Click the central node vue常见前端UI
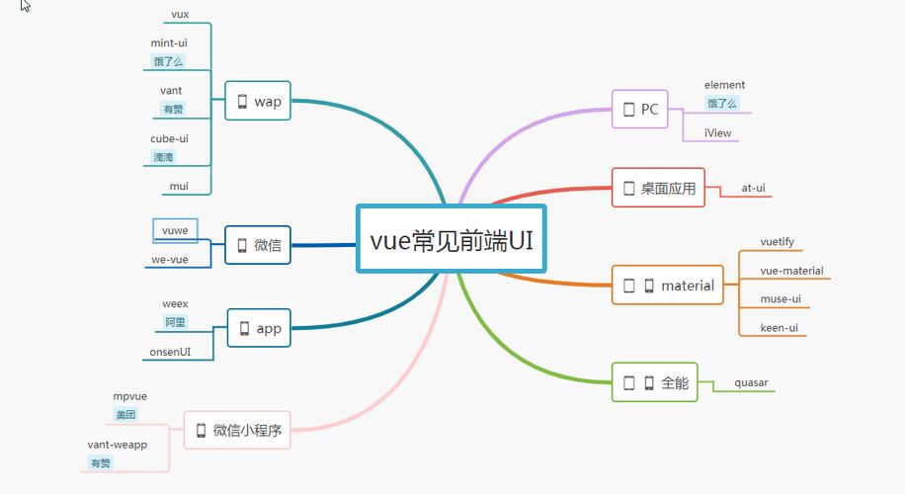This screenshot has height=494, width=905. click(451, 239)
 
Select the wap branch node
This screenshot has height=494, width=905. click(258, 101)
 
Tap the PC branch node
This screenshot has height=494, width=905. click(639, 110)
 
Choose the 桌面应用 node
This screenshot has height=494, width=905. click(658, 188)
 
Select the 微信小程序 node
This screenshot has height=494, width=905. click(237, 430)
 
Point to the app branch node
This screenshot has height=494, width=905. click(259, 328)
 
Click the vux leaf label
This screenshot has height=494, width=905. click(180, 15)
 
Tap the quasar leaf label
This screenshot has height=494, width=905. click(751, 382)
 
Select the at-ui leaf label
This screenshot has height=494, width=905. click(754, 188)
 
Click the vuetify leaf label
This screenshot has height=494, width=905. click(777, 242)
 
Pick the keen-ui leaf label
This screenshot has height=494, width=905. click(779, 327)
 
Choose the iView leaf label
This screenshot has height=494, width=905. click(718, 132)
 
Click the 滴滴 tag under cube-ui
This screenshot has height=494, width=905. click(164, 157)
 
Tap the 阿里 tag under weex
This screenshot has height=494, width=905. click(175, 322)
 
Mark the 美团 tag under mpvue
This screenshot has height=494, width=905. click(125, 415)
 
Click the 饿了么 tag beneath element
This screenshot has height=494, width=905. click(722, 103)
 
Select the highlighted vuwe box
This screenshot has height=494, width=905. click(175, 230)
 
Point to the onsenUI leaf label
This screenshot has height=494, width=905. click(170, 351)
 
